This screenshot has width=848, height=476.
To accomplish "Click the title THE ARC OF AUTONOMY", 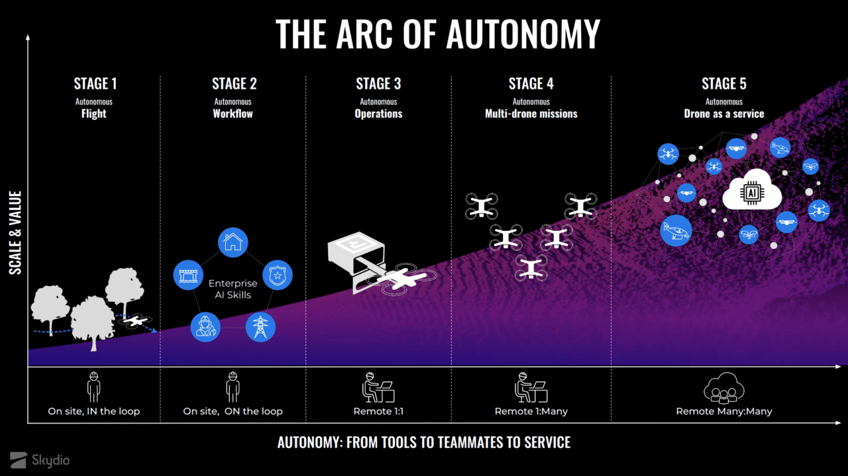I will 437,34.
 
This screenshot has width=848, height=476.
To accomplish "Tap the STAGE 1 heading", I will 95,84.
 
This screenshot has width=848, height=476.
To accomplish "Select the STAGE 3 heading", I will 378,84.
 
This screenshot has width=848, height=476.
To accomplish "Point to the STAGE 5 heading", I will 723,84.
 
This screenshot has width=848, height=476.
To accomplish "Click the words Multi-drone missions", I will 531,114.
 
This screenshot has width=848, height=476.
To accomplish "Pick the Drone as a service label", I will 723,114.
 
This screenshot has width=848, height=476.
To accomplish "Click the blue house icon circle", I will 232,243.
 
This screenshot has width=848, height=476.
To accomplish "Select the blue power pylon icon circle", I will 260,326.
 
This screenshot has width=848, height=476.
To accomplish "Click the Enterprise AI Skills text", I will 233,289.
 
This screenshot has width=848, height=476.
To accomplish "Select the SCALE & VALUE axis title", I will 15,232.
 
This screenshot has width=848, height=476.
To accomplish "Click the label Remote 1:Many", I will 531,411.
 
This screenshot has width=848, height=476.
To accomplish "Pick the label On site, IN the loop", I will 93,411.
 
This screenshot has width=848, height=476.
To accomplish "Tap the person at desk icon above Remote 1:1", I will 378,387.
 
